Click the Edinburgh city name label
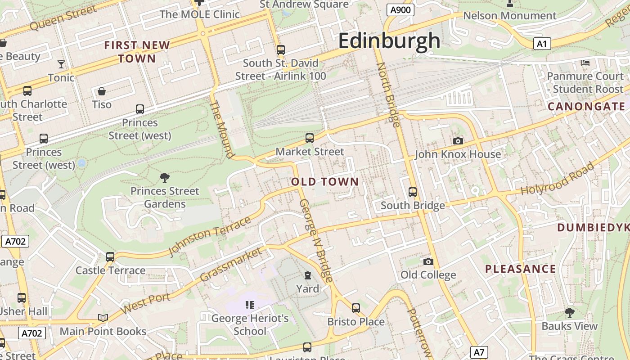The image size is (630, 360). pyautogui.click(x=389, y=40)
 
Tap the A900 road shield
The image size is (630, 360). pyautogui.click(x=400, y=10)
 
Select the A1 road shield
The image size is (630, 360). pyautogui.click(x=542, y=44)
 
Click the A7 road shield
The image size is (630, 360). pyautogui.click(x=480, y=352)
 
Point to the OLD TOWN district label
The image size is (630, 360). pyautogui.click(x=325, y=182)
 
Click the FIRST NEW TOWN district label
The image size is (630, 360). pyautogui.click(x=137, y=52)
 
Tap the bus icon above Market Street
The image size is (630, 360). pyautogui.click(x=309, y=138)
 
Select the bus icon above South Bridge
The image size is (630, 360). pyautogui.click(x=412, y=192)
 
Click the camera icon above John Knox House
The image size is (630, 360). pyautogui.click(x=458, y=141)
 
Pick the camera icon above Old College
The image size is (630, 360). pyautogui.click(x=428, y=261)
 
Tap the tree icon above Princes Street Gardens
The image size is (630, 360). pyautogui.click(x=164, y=178)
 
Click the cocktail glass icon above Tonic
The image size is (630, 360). pyautogui.click(x=61, y=64)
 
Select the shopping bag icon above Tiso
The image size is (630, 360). pyautogui.click(x=102, y=91)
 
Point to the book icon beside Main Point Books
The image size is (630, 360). pyautogui.click(x=103, y=318)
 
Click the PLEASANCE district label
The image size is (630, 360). pyautogui.click(x=520, y=269)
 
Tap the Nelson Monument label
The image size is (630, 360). pyautogui.click(x=509, y=16)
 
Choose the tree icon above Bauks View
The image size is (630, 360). pyautogui.click(x=569, y=313)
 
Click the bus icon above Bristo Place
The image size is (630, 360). pyautogui.click(x=355, y=308)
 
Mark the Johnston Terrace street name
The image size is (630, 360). pyautogui.click(x=209, y=236)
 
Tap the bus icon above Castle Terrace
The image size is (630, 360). pyautogui.click(x=110, y=257)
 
